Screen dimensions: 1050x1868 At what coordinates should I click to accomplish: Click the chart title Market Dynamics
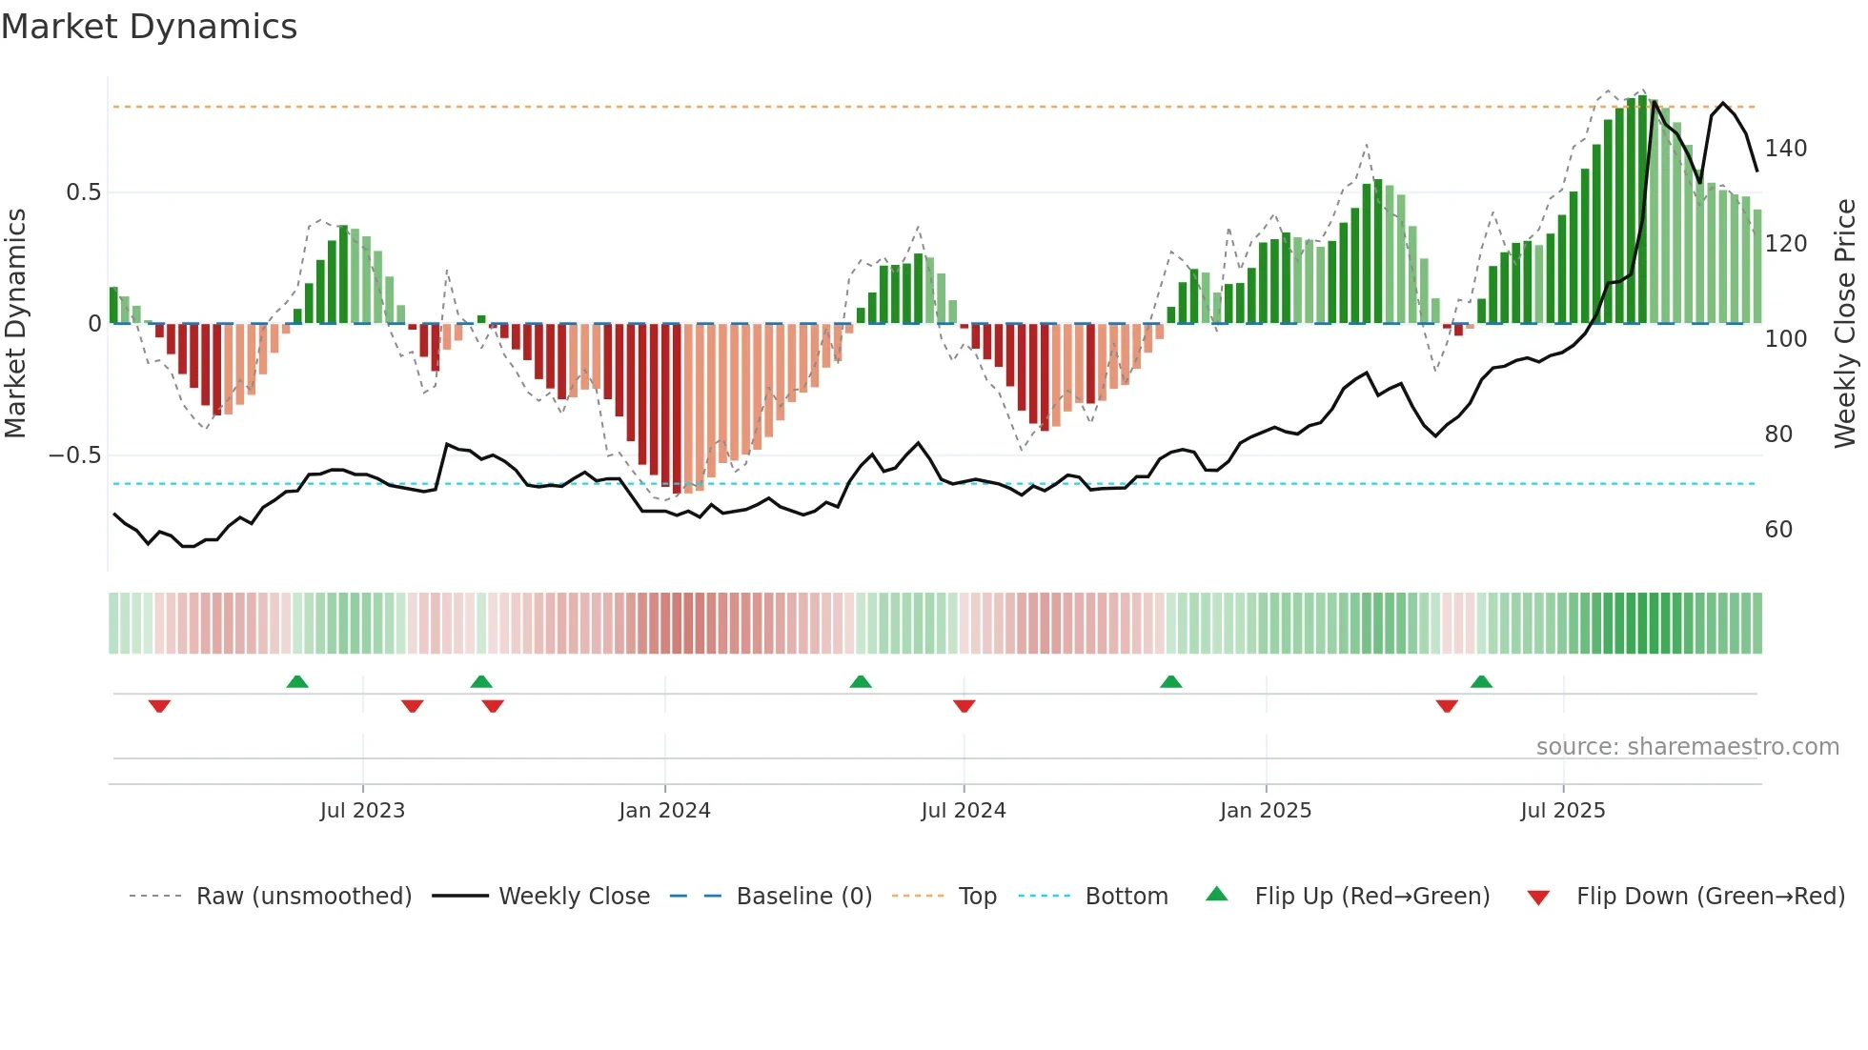click(149, 27)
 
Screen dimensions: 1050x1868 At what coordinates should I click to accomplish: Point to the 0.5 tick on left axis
click(83, 192)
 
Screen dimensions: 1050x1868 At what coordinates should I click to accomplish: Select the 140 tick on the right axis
click(1785, 149)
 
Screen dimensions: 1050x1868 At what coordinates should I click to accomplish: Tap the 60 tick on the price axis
click(1778, 530)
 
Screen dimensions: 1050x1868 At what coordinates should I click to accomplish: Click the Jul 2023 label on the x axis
click(362, 811)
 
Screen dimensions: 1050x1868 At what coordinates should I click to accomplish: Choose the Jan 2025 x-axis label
click(1265, 811)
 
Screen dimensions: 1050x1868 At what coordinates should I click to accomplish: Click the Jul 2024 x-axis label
click(963, 811)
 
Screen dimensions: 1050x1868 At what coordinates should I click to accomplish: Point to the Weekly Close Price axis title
click(1845, 324)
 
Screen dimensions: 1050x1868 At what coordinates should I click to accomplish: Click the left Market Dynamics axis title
click(16, 324)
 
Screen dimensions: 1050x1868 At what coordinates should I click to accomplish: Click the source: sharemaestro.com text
click(1687, 747)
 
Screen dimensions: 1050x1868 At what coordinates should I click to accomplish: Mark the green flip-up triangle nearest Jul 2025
click(1481, 681)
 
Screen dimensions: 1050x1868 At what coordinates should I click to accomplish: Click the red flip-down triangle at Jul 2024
click(964, 706)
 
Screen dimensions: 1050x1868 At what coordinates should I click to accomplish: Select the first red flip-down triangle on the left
click(159, 706)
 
